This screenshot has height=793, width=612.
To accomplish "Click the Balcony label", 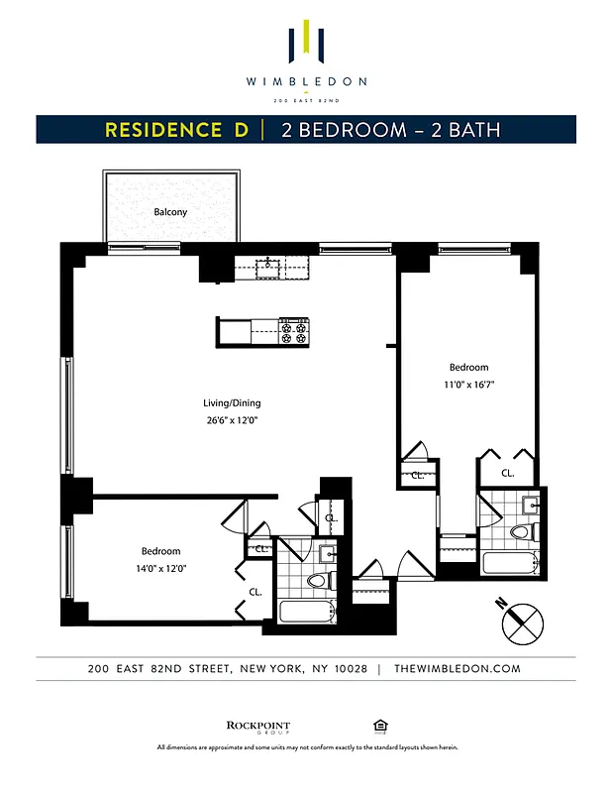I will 170,212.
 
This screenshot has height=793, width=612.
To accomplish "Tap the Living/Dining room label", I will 232,403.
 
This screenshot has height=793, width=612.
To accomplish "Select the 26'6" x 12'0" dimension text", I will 232,420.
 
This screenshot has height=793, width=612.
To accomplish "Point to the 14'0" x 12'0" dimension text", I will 160,568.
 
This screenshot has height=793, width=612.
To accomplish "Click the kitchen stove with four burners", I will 294,331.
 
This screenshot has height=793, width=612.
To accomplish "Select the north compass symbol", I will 522,623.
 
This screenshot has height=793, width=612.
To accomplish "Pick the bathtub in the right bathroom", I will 511,565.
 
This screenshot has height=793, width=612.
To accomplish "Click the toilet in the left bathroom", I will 317,580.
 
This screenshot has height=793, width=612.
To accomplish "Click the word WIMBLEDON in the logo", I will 306,81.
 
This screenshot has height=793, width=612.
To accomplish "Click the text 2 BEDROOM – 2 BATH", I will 390,130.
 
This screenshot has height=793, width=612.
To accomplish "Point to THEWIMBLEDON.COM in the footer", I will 457,668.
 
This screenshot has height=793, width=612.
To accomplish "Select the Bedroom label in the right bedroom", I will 468,367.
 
